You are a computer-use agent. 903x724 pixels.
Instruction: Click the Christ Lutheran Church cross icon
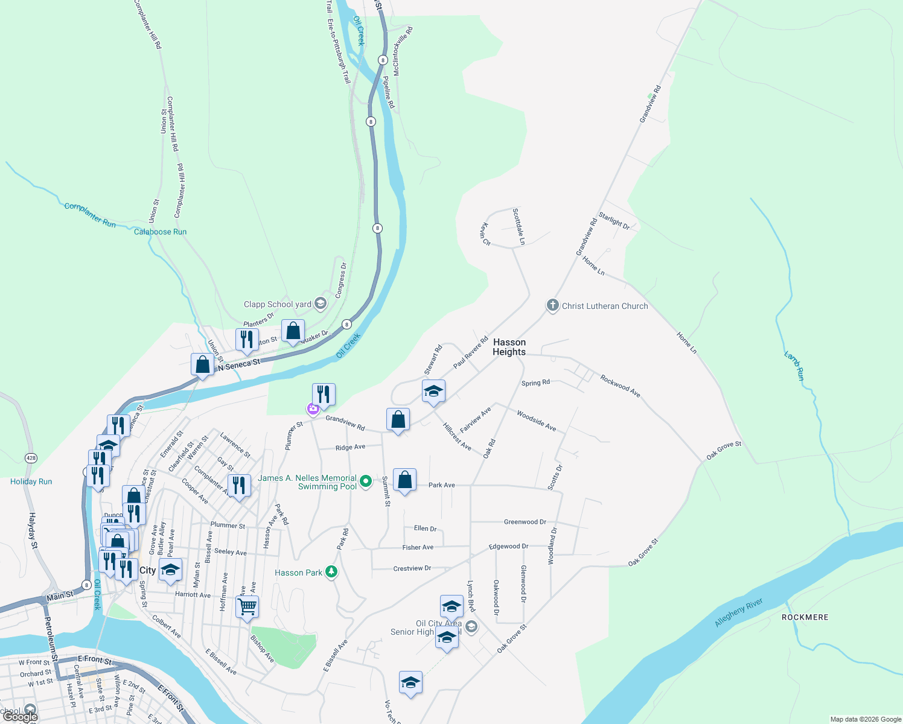click(x=552, y=305)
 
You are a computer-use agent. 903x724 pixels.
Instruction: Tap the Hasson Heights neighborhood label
click(x=509, y=347)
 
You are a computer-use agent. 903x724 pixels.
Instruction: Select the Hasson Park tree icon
click(x=331, y=572)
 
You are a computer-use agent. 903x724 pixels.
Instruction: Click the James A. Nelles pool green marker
click(x=366, y=481)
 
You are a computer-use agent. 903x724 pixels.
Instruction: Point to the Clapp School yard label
click(x=277, y=304)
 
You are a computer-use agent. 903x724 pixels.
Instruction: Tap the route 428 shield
click(x=31, y=458)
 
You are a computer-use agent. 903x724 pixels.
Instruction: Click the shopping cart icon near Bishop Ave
click(x=247, y=606)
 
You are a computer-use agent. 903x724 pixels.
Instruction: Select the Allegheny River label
click(x=738, y=612)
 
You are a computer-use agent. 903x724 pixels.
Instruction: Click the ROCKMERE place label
click(x=805, y=617)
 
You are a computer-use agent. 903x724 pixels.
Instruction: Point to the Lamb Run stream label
click(x=794, y=366)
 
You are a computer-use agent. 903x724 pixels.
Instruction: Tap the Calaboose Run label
click(x=160, y=232)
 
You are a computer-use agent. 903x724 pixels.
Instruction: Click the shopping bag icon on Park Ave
click(x=404, y=480)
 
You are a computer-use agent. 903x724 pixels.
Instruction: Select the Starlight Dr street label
click(x=614, y=221)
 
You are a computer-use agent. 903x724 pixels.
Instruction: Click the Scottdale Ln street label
click(x=519, y=226)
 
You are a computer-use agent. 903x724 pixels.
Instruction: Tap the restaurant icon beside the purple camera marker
click(x=324, y=395)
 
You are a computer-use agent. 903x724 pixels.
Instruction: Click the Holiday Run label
click(x=31, y=481)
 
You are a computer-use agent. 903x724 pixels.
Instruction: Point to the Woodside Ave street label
click(x=536, y=420)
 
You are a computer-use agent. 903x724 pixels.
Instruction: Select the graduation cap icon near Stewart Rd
click(x=433, y=391)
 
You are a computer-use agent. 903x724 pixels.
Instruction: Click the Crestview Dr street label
click(x=412, y=568)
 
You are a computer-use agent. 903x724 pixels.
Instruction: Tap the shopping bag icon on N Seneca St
click(x=202, y=364)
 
